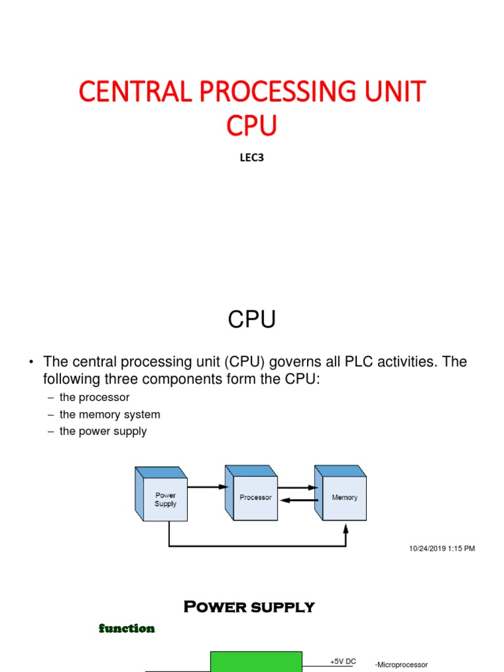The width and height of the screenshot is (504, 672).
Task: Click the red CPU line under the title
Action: [251, 125]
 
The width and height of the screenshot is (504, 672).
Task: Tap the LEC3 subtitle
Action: [251, 157]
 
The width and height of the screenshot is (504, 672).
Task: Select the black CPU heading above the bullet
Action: [252, 320]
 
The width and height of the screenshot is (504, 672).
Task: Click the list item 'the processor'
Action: [94, 398]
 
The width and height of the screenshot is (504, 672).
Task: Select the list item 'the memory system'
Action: [110, 415]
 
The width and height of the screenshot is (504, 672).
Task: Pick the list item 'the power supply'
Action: [103, 431]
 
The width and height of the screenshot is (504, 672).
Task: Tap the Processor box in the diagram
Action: [255, 497]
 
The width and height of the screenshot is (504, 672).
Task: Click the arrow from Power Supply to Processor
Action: [207, 487]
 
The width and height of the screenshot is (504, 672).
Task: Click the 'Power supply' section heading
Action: [249, 607]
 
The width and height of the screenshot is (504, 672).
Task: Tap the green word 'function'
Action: [127, 629]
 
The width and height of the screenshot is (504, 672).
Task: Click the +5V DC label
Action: [343, 661]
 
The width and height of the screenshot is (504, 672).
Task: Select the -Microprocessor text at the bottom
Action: [401, 665]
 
